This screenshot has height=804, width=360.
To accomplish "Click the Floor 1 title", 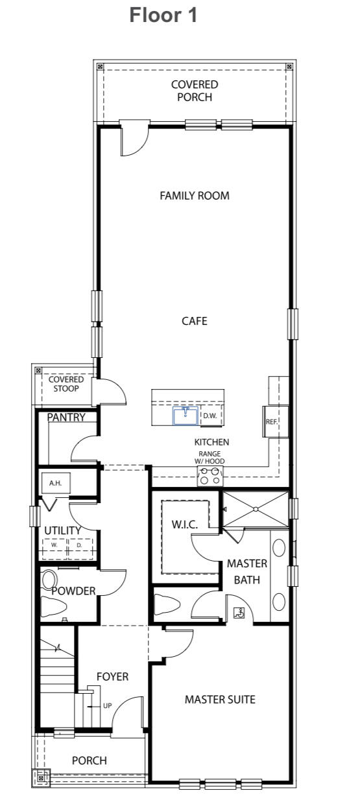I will click(x=163, y=16).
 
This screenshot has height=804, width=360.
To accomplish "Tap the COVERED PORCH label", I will click(x=195, y=91).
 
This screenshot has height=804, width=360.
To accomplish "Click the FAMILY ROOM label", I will click(x=195, y=196).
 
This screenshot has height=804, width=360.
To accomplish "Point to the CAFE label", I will click(x=195, y=321).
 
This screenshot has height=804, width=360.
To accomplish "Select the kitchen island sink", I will click(x=186, y=416).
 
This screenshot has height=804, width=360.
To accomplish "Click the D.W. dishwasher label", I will click(x=210, y=416).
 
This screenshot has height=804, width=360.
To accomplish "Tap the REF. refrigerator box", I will click(x=271, y=421).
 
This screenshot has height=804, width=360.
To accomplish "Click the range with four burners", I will click(x=210, y=476).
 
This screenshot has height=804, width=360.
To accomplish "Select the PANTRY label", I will click(x=66, y=418).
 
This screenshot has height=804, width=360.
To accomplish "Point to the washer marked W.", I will click(x=55, y=545).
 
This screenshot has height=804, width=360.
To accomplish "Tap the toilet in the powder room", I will click(x=54, y=607).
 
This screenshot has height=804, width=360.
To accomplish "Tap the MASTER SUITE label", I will click(x=220, y=700).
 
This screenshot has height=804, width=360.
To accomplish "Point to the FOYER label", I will click(x=112, y=677).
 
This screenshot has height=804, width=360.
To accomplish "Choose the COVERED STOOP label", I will click(x=66, y=384).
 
